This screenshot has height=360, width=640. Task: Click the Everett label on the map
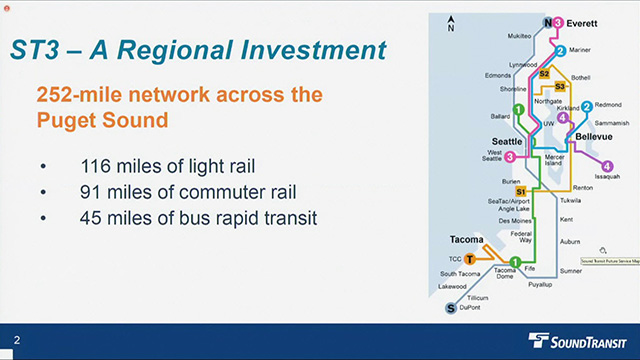point(583,22)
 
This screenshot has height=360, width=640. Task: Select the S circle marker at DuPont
point(451,308)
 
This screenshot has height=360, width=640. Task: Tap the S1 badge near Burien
point(520,191)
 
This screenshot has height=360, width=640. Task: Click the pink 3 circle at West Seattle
point(510,156)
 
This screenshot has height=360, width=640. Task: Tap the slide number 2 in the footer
point(17,342)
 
